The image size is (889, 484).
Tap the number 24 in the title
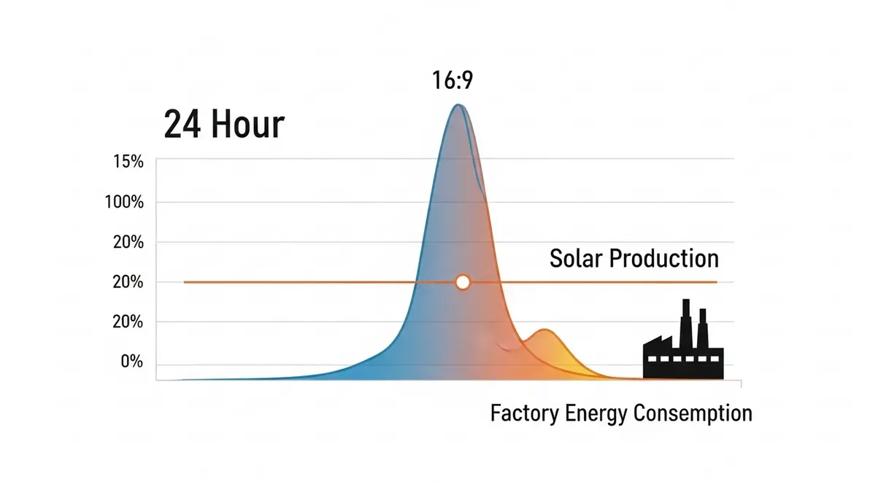click(x=182, y=125)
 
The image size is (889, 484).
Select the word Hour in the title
click(x=247, y=125)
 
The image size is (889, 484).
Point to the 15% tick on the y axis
click(x=128, y=161)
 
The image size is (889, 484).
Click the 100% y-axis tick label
click(x=124, y=202)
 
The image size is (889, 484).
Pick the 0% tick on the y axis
click(x=131, y=362)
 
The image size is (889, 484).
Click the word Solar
click(x=575, y=258)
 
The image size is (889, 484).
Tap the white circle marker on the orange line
click(x=462, y=282)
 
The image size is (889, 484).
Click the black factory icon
click(x=683, y=350)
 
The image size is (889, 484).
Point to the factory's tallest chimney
click(x=685, y=321)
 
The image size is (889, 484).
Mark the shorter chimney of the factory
click(x=702, y=327)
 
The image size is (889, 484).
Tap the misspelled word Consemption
click(x=693, y=414)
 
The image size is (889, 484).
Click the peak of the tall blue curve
click(x=458, y=106)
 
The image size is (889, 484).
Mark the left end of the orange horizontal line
click(x=185, y=282)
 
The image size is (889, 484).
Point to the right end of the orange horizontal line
click(x=716, y=282)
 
